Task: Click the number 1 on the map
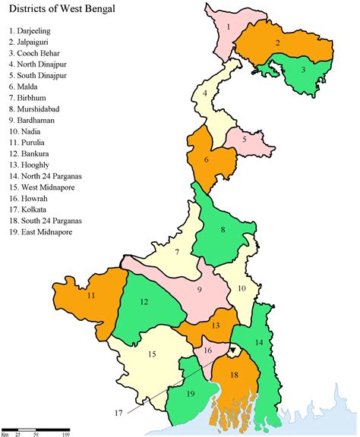tap(228, 27)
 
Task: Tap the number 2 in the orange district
tap(278, 42)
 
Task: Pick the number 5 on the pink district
tap(245, 140)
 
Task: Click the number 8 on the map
tap(223, 229)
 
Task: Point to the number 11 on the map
tap(90, 295)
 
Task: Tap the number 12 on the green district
tap(144, 302)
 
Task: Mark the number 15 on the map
tap(152, 354)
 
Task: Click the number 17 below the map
tap(118, 413)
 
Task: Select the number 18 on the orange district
tap(234, 375)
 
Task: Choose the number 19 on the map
tap(191, 393)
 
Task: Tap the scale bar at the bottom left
tap(38, 432)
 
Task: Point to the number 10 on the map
tap(241, 288)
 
